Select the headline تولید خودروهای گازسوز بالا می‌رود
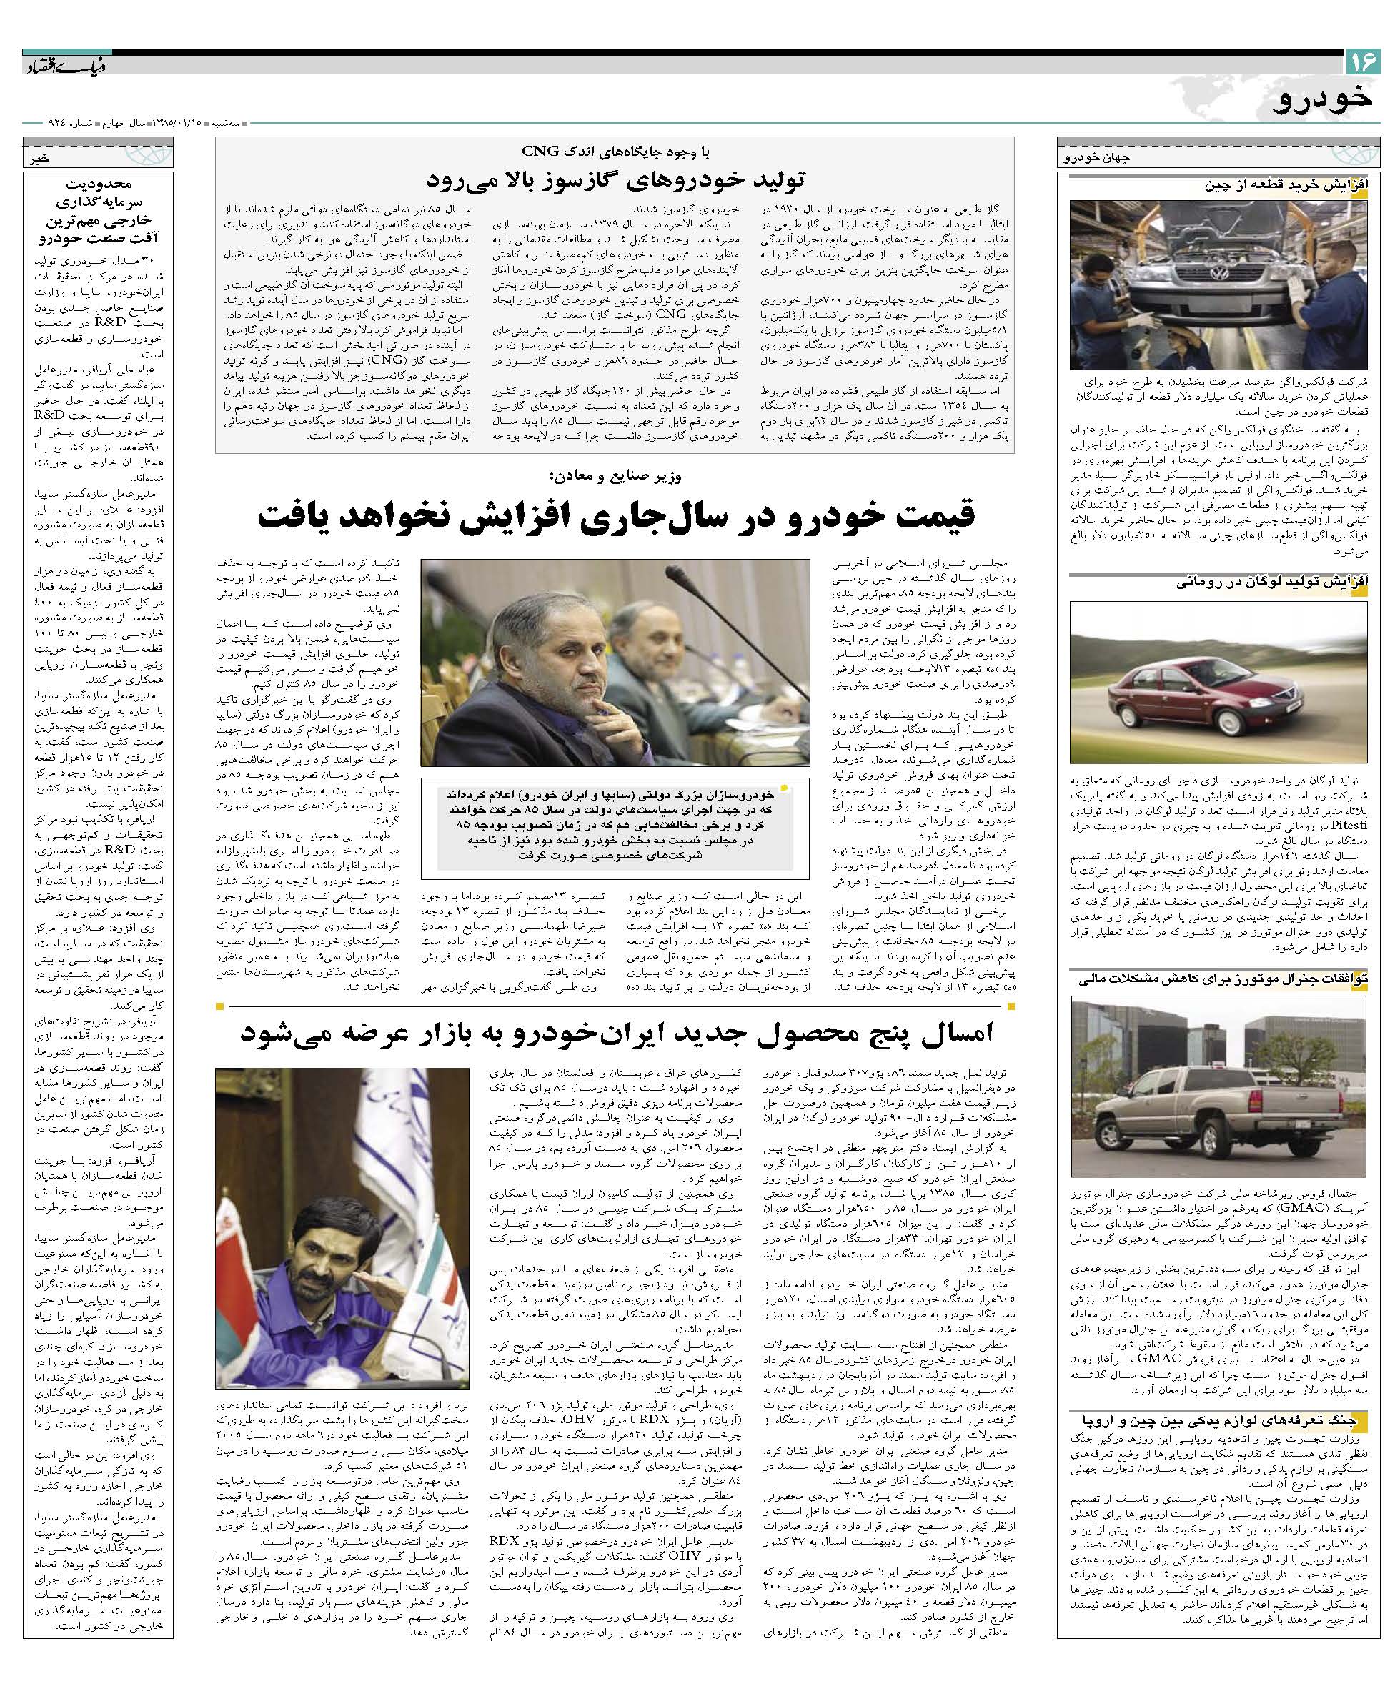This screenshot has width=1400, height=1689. [615, 178]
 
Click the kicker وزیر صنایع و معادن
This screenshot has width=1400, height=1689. [615, 476]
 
